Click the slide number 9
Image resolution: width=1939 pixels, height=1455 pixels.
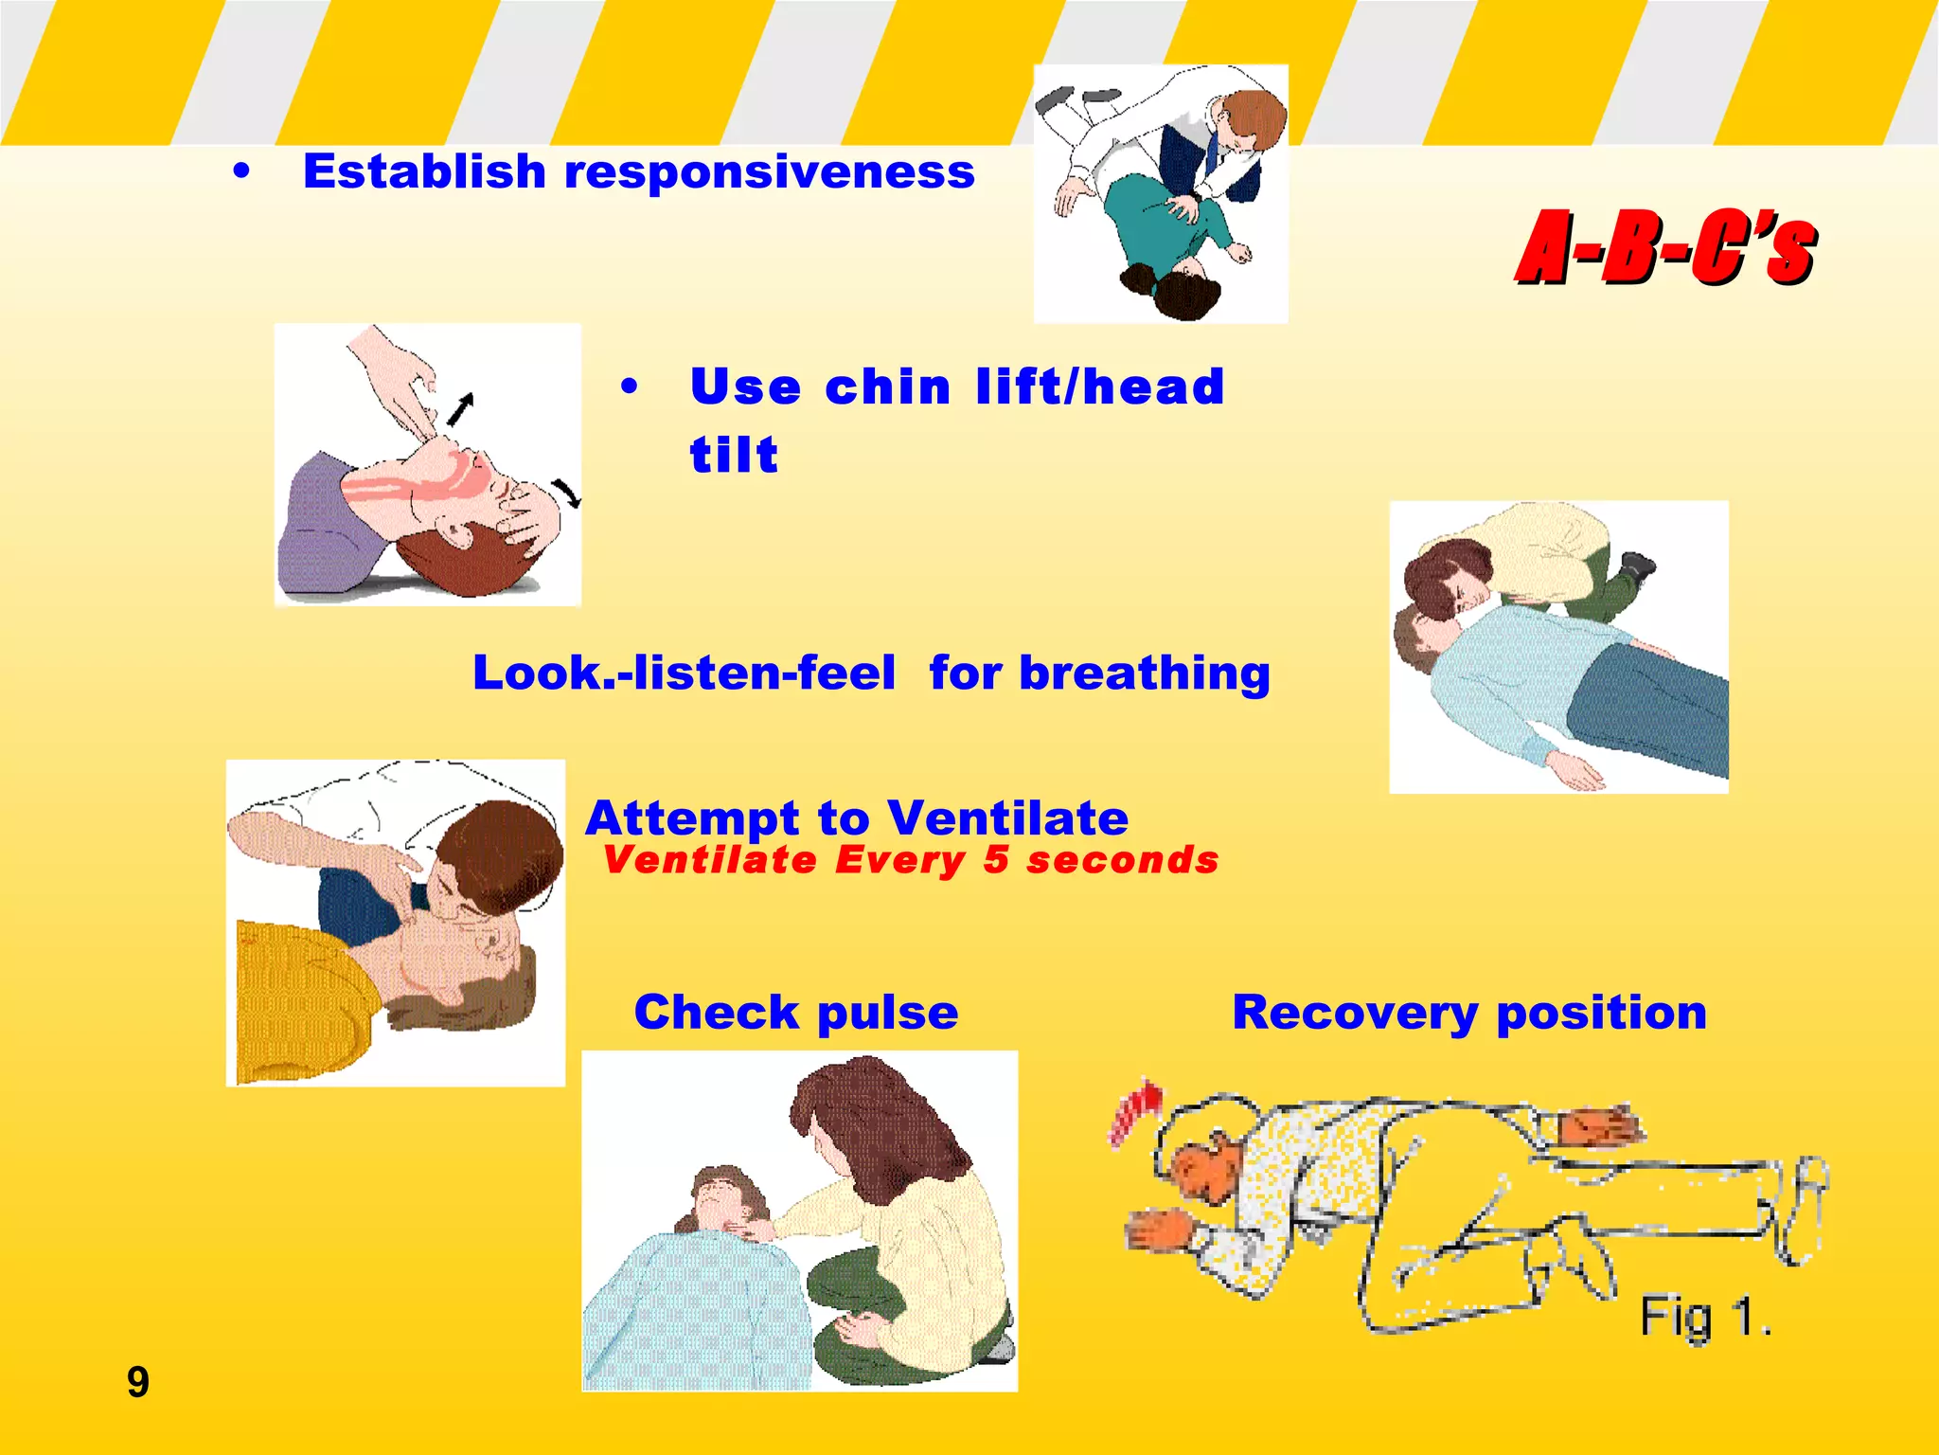[x=138, y=1382]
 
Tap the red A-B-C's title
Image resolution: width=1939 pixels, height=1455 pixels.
[x=1666, y=248]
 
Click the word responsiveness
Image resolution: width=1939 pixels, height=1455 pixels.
[x=769, y=172]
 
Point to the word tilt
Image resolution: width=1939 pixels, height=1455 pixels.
[x=734, y=456]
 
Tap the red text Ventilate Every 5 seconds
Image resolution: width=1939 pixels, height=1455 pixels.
[x=911, y=860]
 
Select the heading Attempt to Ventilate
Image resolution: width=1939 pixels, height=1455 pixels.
[x=857, y=817]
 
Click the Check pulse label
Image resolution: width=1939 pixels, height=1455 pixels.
[x=796, y=1012]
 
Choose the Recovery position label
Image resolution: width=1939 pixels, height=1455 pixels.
[x=1469, y=1012]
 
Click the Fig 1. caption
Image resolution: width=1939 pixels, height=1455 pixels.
[x=1704, y=1317]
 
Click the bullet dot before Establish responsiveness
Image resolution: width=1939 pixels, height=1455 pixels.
[x=242, y=172]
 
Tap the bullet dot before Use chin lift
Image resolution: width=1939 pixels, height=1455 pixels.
[x=630, y=387]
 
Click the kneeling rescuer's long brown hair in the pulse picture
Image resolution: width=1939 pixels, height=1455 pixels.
[x=881, y=1118]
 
